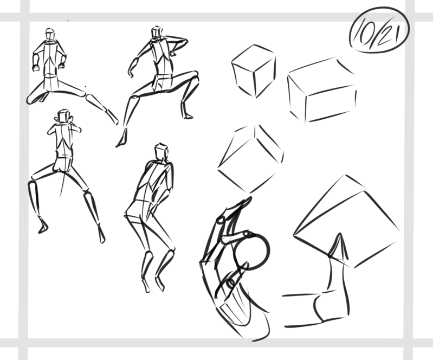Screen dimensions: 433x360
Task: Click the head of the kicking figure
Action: pyautogui.click(x=50, y=34)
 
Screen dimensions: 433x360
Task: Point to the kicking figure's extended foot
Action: pyautogui.click(x=113, y=117)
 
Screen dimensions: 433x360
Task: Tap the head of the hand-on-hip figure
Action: pyautogui.click(x=157, y=32)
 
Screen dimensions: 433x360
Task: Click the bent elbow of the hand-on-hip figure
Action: pyautogui.click(x=185, y=41)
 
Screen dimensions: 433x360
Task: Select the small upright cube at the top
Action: pyautogui.click(x=254, y=71)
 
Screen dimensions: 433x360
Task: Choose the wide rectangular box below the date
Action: pyautogui.click(x=322, y=90)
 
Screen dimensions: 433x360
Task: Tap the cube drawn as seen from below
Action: pyautogui.click(x=250, y=159)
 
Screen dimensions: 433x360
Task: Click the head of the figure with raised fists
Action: pyautogui.click(x=64, y=116)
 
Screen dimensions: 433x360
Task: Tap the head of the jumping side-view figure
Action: pyautogui.click(x=161, y=151)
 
